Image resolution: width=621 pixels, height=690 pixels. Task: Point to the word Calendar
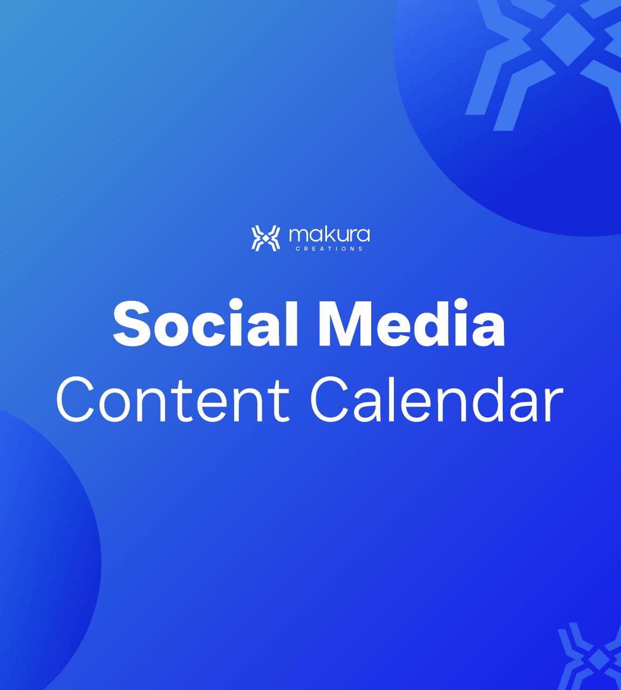click(x=436, y=400)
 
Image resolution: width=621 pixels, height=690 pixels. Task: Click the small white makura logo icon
click(x=266, y=238)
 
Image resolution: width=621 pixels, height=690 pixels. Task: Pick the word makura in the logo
click(x=329, y=235)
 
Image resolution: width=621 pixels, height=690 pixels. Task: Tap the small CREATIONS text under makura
click(x=329, y=249)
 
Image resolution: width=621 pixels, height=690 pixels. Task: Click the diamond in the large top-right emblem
click(x=568, y=39)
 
